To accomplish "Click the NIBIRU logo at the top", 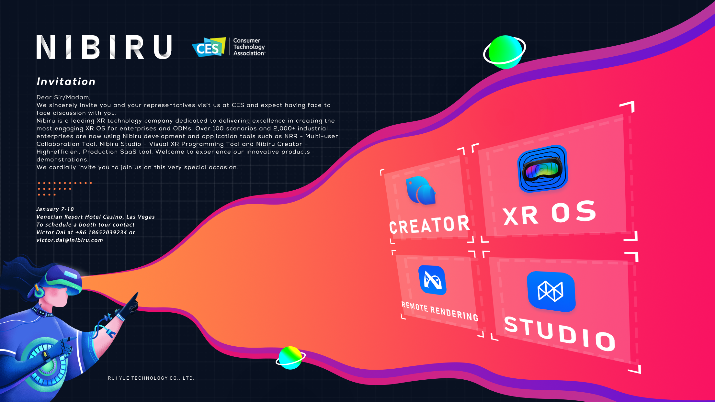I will [x=104, y=47].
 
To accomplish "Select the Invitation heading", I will [x=66, y=82].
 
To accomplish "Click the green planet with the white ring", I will [x=505, y=52].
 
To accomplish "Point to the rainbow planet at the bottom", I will [x=290, y=357].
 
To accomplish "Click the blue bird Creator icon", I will [x=421, y=191].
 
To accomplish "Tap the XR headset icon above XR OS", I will [x=543, y=169].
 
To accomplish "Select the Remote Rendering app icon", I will [x=432, y=280].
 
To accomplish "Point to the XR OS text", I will [x=549, y=214].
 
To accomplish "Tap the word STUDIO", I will [x=560, y=333].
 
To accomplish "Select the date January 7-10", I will [x=55, y=209].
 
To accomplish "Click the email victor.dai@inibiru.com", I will [x=70, y=240].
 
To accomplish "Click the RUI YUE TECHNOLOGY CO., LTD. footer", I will [x=151, y=378].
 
